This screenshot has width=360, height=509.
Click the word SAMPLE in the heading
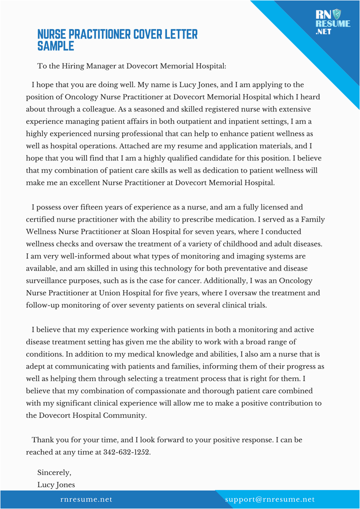click(x=55, y=46)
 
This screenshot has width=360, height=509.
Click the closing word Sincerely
click(x=54, y=472)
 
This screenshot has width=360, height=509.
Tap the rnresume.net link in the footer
click(x=86, y=499)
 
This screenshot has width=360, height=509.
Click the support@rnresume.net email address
click(x=270, y=499)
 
